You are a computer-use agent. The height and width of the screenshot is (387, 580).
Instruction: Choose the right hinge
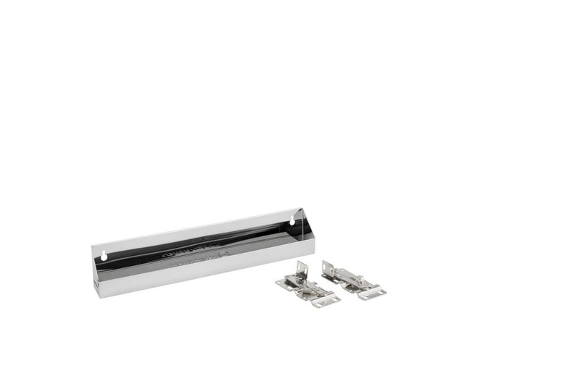(352, 279)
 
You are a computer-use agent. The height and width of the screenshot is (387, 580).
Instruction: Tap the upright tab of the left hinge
(302, 269)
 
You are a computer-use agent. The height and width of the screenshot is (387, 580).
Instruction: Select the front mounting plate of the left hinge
(326, 299)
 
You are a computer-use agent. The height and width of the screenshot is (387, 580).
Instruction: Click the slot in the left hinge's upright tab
(302, 270)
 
